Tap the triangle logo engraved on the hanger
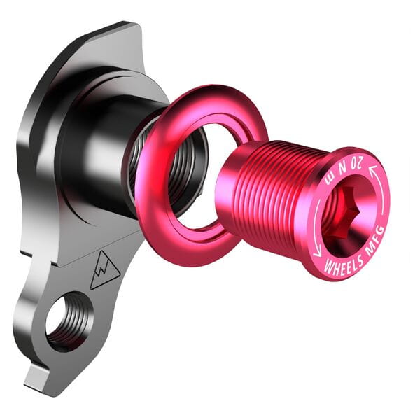click(x=105, y=269)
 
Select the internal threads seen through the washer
click(x=183, y=171)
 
